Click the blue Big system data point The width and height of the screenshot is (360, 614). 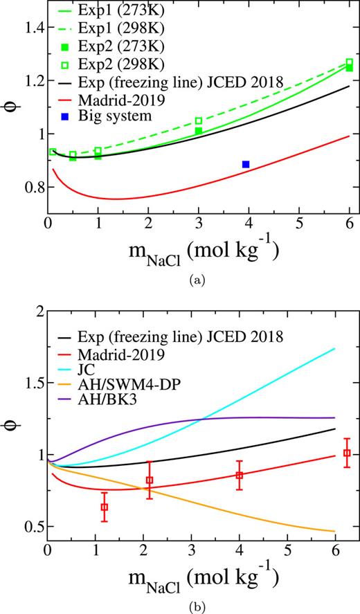click(x=246, y=164)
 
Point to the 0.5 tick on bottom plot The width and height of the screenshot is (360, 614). click(x=29, y=526)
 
